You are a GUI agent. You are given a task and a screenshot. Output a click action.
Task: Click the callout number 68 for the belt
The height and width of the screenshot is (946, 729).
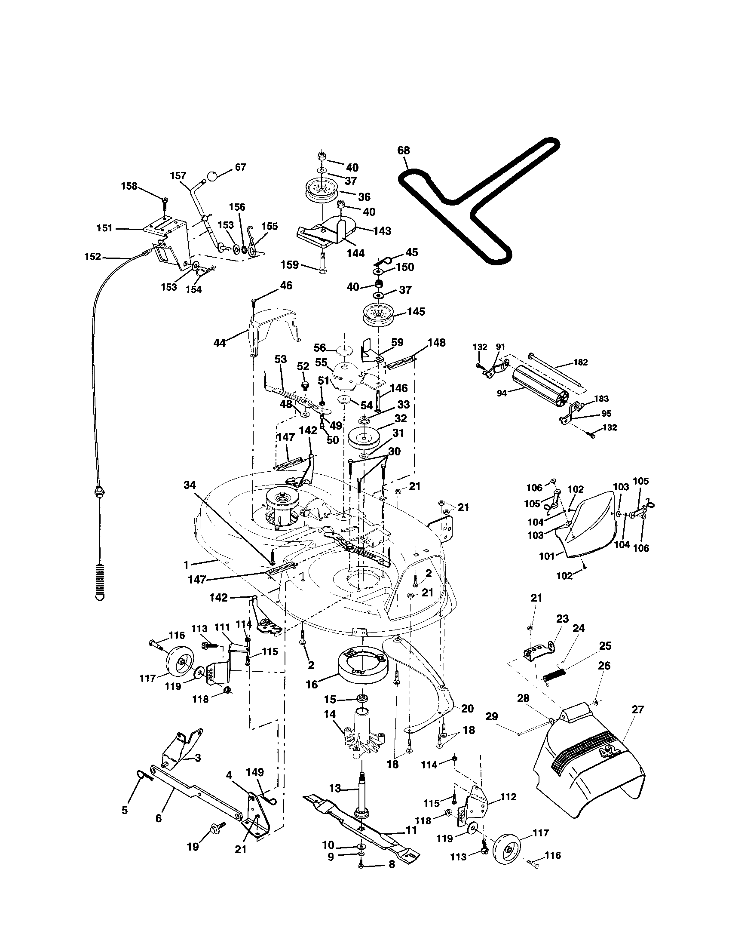[404, 151]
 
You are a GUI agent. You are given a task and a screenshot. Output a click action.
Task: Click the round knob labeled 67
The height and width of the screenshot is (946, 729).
[212, 176]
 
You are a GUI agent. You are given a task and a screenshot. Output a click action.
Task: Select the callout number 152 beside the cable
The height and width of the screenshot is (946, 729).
[93, 257]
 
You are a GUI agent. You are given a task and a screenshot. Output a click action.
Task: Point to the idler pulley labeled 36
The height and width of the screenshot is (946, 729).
[321, 189]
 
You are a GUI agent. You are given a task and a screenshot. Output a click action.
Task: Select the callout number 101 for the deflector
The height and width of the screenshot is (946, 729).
[547, 556]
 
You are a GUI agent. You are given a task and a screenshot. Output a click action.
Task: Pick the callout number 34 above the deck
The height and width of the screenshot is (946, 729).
[190, 486]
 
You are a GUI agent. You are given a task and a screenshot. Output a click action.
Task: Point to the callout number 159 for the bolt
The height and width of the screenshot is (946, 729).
[290, 264]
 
